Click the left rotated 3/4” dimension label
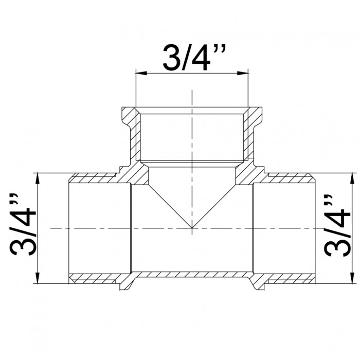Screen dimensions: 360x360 pyautogui.click(x=23, y=225)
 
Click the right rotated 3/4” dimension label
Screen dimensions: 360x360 pyautogui.click(x=337, y=226)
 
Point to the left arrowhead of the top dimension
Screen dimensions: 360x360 pyautogui.click(x=141, y=73)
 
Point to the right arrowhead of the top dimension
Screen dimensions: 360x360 pyautogui.click(x=243, y=73)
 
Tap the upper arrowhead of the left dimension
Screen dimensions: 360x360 pyautogui.click(x=38, y=178)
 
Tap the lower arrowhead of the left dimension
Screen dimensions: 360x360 pyautogui.click(x=38, y=278)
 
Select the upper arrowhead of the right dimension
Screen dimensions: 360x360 pyautogui.click(x=351, y=178)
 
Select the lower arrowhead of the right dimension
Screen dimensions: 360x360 pyautogui.click(x=351, y=278)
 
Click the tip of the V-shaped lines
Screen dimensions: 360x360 pyautogui.click(x=192, y=228)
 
